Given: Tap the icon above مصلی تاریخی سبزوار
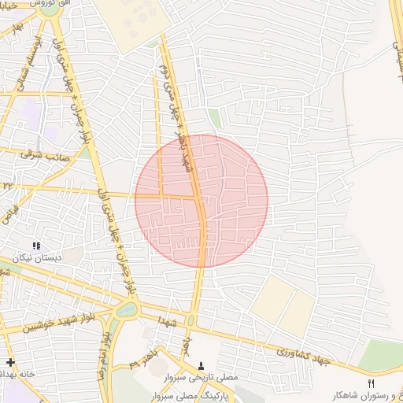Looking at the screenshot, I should pos(201,365).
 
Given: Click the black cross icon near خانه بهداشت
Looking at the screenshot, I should pos(9,362).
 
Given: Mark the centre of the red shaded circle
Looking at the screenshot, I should pos(201,200).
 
